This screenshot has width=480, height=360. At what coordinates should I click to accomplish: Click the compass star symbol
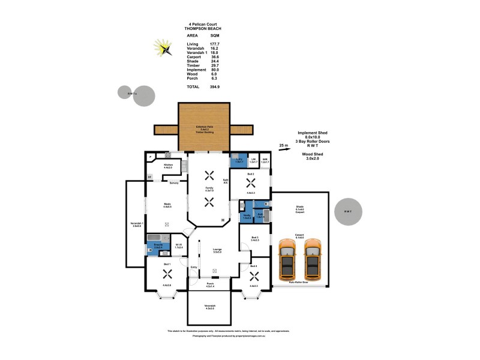162,47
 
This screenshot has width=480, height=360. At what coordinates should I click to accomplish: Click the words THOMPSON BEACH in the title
207,29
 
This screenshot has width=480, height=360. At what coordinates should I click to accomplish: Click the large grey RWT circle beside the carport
348,212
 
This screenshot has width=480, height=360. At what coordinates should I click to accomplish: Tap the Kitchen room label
168,166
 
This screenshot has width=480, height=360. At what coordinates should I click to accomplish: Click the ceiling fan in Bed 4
254,275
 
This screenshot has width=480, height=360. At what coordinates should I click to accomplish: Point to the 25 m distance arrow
288,145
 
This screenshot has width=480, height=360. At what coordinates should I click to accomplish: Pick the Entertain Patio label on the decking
204,128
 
